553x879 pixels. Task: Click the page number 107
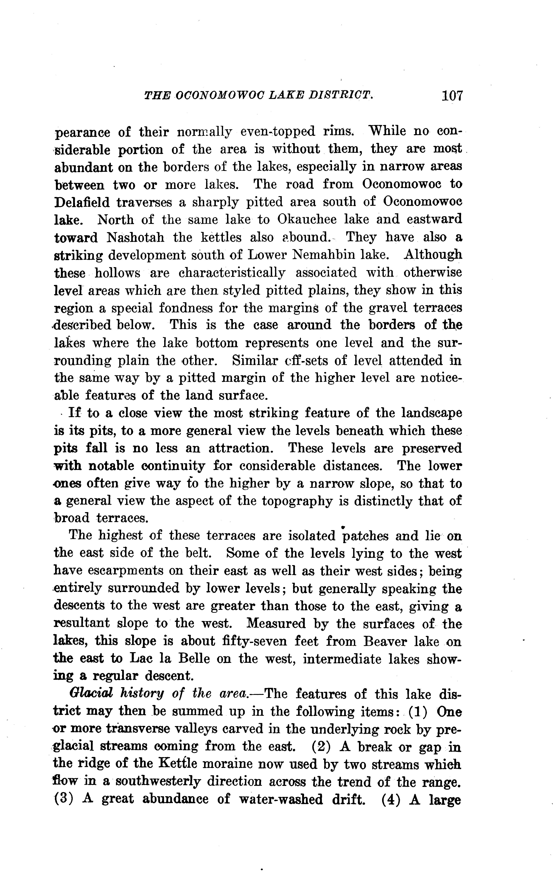click(x=452, y=96)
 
